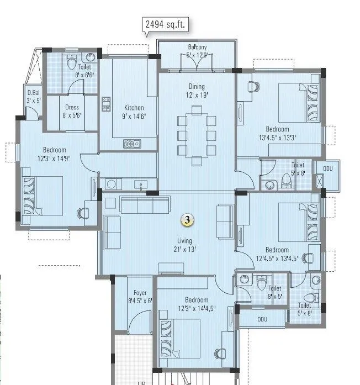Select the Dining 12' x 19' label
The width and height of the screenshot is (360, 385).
(196, 90)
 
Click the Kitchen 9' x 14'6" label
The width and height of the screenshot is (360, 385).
(134, 112)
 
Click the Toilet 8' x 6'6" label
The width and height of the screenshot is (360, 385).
(84, 71)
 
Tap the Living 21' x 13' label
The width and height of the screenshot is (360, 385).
(184, 244)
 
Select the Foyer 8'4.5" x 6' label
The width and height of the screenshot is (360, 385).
(140, 297)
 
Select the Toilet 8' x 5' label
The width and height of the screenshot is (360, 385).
(274, 292)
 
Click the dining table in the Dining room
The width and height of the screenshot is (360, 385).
(196, 135)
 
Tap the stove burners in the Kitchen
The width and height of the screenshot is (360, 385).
(105, 103)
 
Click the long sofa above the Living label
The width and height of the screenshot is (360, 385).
(145, 205)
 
